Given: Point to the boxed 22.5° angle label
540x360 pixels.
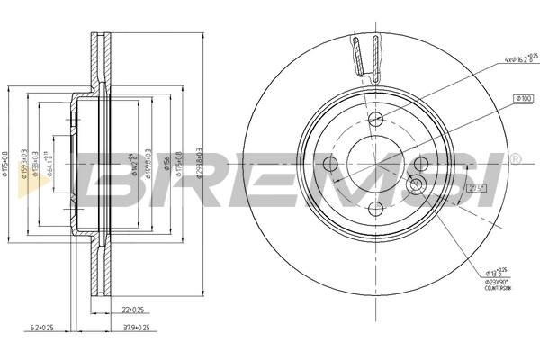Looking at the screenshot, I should click(477, 187).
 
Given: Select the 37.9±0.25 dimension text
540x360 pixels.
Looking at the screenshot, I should click(135, 328).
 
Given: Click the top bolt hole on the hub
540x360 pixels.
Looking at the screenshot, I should click(376, 116).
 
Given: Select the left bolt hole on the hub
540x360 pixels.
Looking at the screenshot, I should click(328, 165).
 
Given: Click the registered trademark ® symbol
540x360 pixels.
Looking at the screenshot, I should click(515, 159).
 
